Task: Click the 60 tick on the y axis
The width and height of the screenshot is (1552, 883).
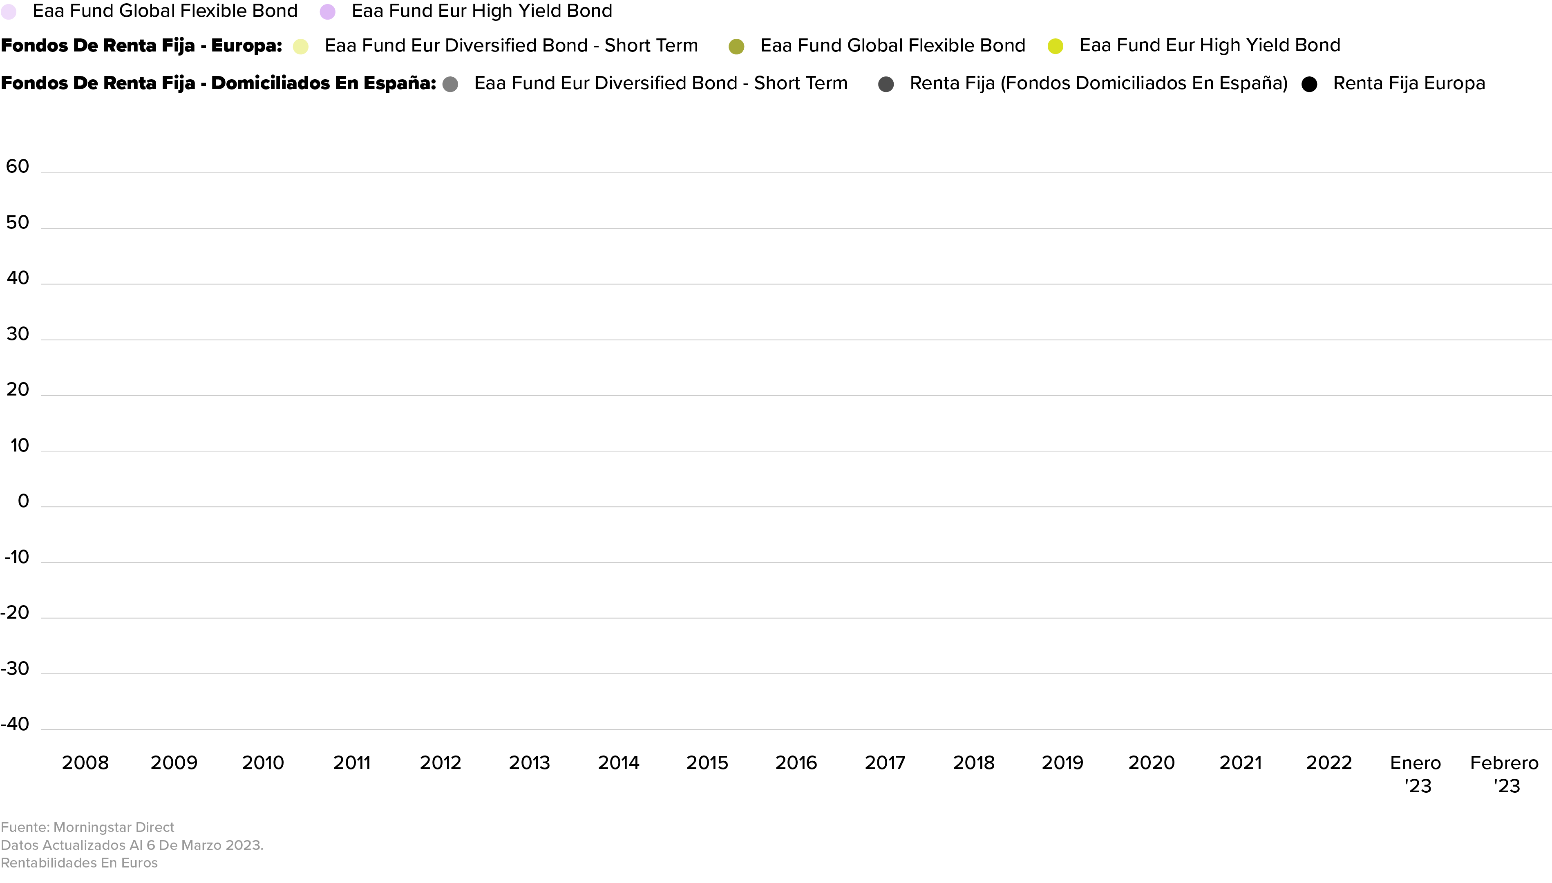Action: tap(18, 166)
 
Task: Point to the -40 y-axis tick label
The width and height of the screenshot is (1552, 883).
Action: tap(15, 724)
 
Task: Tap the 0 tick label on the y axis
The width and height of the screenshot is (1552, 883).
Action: tap(23, 501)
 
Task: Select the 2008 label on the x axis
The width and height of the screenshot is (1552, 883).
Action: tap(85, 762)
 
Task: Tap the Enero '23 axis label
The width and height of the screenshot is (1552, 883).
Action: tap(1416, 774)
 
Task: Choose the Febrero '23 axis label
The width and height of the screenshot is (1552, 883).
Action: tap(1504, 774)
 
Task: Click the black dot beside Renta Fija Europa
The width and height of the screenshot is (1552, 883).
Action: tap(1309, 84)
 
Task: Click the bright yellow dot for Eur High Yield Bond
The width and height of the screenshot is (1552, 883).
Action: tap(1055, 46)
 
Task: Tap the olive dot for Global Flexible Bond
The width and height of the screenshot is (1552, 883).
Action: tap(736, 47)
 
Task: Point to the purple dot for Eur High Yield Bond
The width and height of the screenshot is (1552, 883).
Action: tap(327, 12)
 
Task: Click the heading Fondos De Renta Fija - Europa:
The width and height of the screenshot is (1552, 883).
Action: tap(141, 45)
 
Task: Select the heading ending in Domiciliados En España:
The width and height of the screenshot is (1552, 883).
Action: tap(218, 83)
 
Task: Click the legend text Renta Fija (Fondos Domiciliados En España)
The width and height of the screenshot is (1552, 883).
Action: tap(1098, 83)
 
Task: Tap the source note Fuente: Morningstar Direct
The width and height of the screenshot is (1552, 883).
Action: tap(87, 827)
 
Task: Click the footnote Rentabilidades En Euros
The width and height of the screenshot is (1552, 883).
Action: tap(79, 863)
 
